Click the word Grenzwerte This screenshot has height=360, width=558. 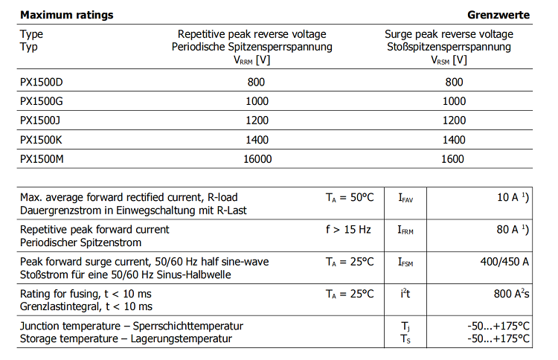pos(498,15)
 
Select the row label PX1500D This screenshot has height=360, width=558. pos(42,82)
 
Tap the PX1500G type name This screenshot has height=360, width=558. pos(42,101)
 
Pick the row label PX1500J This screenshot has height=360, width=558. pos(41,120)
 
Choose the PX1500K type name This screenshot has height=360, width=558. pos(42,140)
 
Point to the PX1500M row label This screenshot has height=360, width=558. pos(42,159)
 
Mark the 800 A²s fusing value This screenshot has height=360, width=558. pos(511,294)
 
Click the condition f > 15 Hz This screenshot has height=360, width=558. pos(348,230)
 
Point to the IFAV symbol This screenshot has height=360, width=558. pos(406,198)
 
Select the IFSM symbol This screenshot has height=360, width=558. pos(406,263)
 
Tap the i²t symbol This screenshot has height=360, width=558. pos(405,294)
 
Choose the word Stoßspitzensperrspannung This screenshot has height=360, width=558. pos(449,47)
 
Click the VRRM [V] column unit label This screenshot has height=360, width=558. pos(252,60)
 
